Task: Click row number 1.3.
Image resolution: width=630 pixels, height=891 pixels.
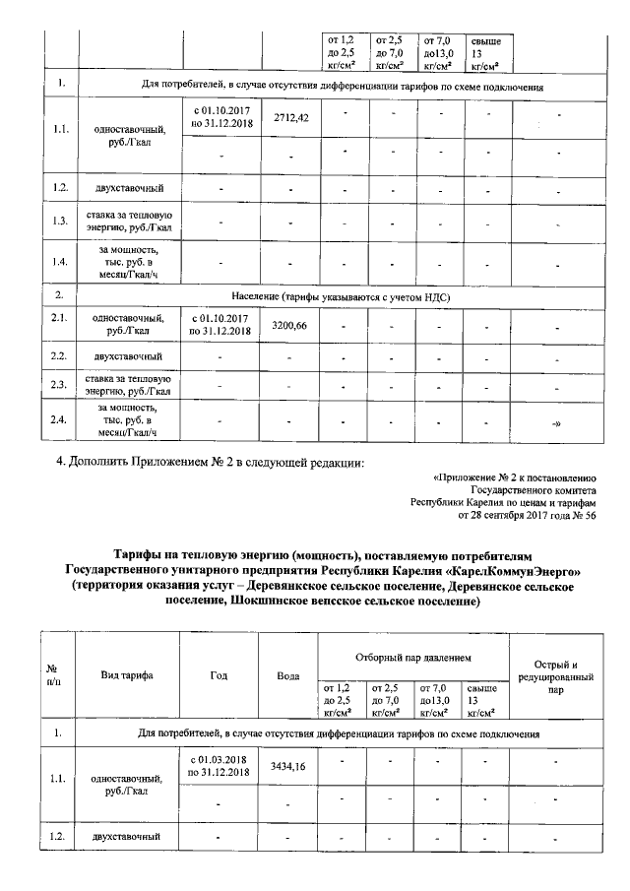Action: (59, 221)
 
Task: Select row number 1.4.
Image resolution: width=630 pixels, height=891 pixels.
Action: (59, 262)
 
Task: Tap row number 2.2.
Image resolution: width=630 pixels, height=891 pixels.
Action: (59, 354)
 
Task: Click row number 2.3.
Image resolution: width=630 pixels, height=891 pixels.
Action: (59, 384)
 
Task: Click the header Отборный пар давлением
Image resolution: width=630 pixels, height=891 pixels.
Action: (411, 656)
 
